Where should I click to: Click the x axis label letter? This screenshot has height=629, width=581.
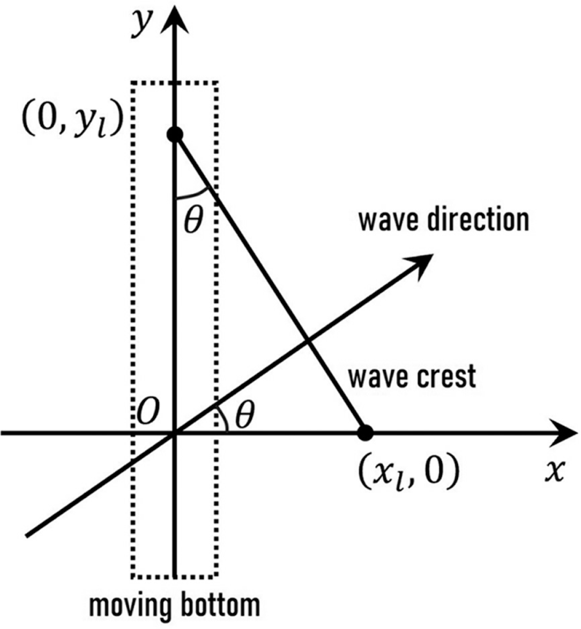pos(555,472)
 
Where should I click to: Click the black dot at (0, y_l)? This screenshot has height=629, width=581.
pos(175,134)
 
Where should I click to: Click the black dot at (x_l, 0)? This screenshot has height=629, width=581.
pos(365,433)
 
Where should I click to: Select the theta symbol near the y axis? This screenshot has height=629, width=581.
pos(193,221)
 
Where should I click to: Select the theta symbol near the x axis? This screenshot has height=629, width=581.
pos(244,415)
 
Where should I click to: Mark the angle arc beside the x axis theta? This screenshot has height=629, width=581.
pos(224,419)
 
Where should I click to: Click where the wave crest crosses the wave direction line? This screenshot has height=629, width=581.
pos(307,342)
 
